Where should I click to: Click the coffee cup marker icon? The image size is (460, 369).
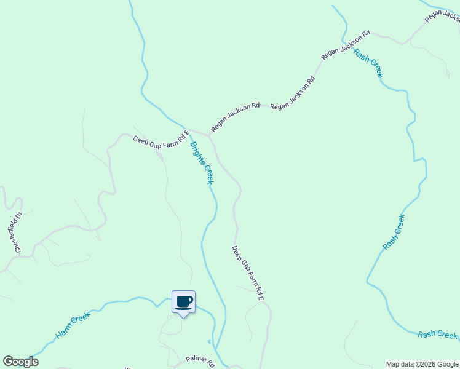point(183,302)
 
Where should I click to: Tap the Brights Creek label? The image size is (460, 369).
point(202,163)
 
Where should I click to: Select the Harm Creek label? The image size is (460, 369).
point(73,325)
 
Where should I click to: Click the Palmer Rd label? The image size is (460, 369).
point(200,360)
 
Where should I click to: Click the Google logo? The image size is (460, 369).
point(20,362)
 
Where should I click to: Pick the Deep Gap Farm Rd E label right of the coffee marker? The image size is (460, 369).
point(248,273)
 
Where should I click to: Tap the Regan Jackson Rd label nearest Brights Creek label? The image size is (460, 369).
point(236,117)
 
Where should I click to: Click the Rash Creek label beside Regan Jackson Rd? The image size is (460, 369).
point(369,63)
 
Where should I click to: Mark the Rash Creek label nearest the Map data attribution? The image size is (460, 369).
point(437,335)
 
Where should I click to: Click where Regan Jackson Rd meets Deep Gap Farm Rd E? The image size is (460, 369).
point(209,135)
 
